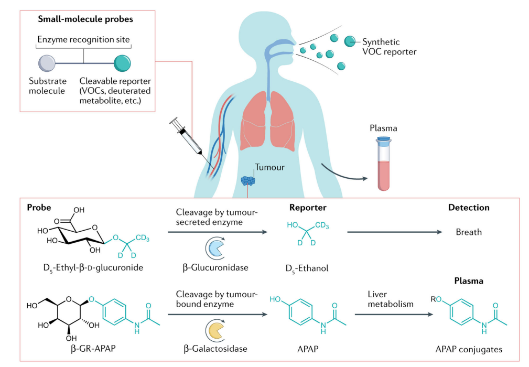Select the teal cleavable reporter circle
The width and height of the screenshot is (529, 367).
pyautogui.click(x=122, y=64)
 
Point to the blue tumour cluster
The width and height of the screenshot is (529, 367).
pyautogui.click(x=247, y=180)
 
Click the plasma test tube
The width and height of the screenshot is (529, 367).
pyautogui.click(x=384, y=163)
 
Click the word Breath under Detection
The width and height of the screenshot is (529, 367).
pyautogui.click(x=468, y=232)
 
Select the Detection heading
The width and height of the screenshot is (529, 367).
pyautogui.click(x=468, y=208)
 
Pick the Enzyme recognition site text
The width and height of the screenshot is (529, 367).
pyautogui.click(x=84, y=39)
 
